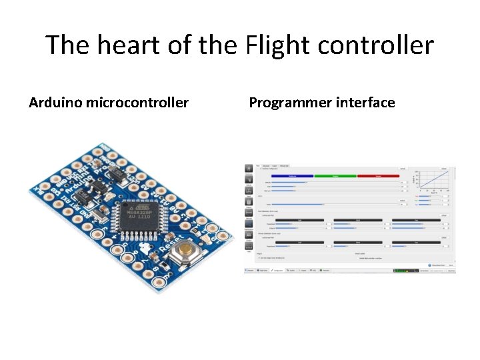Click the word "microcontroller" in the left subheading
[x=137, y=103]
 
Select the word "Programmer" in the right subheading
[x=289, y=103]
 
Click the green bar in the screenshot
[x=335, y=176]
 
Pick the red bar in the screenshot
[x=377, y=176]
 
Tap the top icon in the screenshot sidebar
[x=249, y=169]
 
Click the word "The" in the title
[x=65, y=45]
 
